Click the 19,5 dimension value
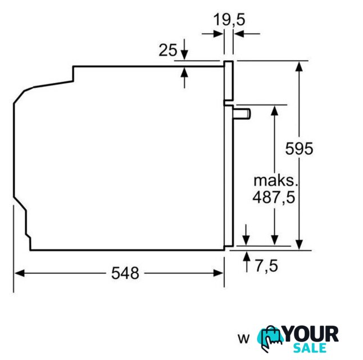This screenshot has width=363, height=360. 229,20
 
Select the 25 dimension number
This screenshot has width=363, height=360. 168,50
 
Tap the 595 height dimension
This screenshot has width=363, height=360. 299,148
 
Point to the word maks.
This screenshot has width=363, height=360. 275,181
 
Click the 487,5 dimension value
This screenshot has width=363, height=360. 274,197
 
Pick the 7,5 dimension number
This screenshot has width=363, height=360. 266,266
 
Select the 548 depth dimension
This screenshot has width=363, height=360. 125,273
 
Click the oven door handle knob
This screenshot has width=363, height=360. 242,114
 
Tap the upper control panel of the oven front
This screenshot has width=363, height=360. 228,80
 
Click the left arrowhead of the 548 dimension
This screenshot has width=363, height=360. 19,273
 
